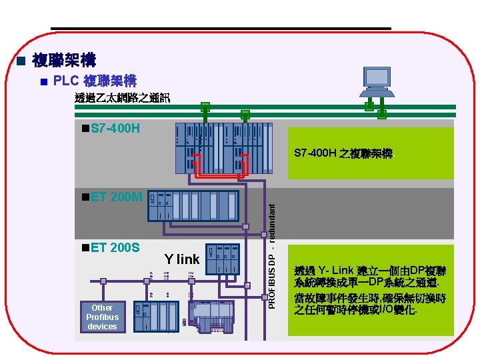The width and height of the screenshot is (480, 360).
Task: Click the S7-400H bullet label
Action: point(110,127)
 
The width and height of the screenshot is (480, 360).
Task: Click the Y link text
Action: point(182,258)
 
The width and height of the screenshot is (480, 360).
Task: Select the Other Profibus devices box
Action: point(102,317)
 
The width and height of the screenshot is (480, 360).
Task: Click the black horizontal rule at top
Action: point(220,28)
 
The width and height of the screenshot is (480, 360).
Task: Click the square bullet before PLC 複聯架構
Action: point(43,82)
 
